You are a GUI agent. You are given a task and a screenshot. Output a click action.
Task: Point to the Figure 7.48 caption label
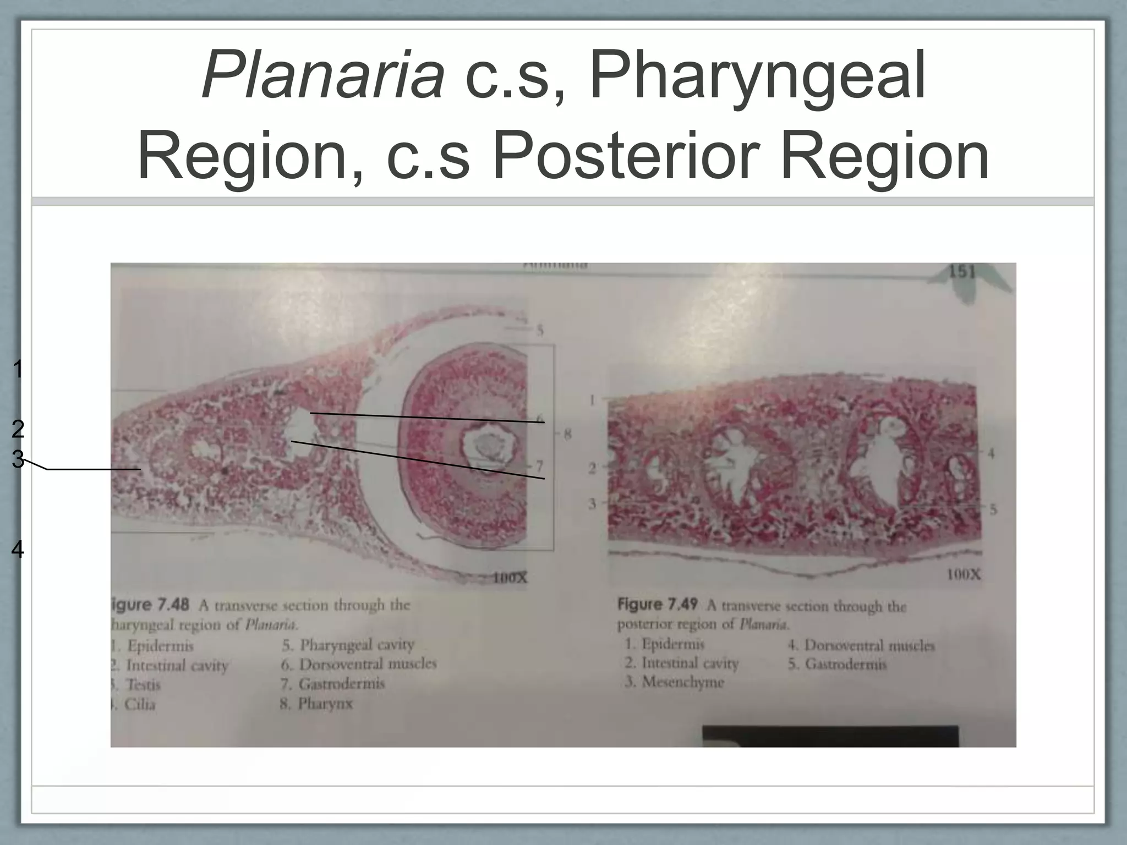150,605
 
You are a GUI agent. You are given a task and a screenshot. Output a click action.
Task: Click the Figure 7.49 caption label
657,605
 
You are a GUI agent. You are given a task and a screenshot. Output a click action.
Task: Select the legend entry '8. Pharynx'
316,704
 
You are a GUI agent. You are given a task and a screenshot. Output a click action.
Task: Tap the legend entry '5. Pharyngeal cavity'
348,645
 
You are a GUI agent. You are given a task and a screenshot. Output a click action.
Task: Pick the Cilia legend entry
138,704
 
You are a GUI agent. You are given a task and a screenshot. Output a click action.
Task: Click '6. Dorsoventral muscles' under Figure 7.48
359,665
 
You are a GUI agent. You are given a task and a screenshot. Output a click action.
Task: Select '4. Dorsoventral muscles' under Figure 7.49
861,645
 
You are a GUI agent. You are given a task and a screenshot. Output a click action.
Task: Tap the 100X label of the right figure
963,575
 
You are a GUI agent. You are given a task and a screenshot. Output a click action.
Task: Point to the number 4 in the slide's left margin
18,550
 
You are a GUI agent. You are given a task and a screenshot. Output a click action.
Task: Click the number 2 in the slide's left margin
18,429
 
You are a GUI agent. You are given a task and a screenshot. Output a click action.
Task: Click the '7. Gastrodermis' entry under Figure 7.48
332,684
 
